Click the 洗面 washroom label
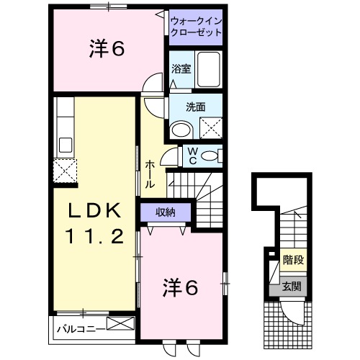pos(195,107)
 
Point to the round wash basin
pos(181,130)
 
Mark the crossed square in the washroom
pos(210,128)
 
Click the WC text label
pos(192,156)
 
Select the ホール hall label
pos(150,175)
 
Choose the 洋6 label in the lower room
pos(179,287)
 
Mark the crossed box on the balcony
pos(120,324)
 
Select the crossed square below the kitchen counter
pos(65,172)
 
